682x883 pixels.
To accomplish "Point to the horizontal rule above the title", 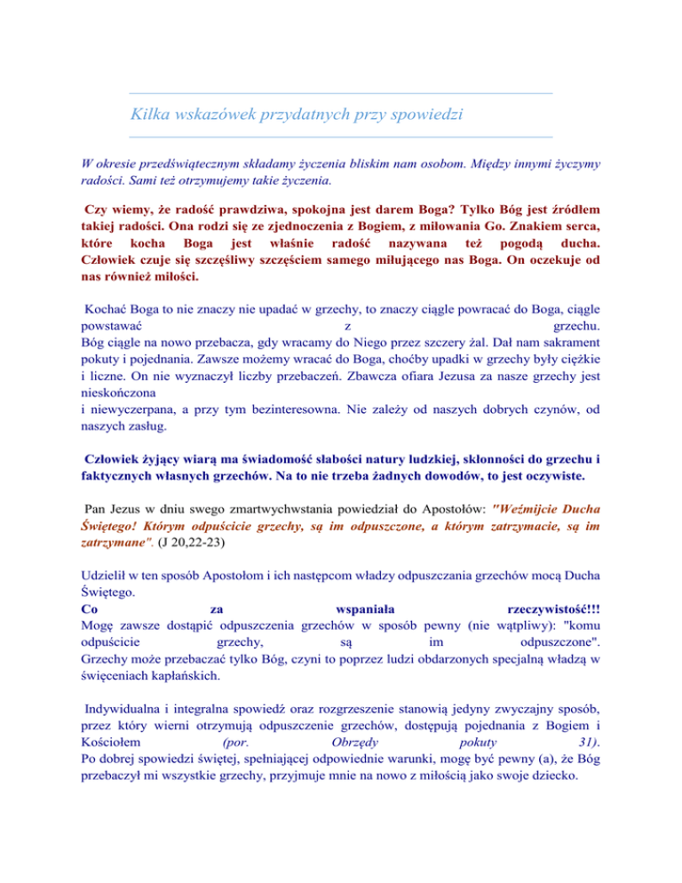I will [340, 93].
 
